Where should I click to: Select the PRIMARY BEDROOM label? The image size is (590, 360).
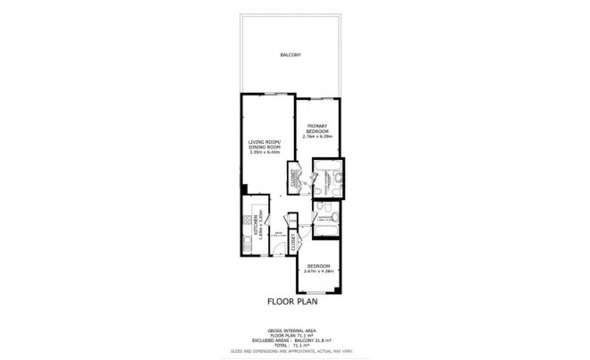pos(319,129)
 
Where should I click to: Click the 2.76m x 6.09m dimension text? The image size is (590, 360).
pos(319,137)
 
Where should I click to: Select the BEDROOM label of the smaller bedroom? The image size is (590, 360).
pos(319,266)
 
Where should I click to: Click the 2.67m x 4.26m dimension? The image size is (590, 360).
pos(319,272)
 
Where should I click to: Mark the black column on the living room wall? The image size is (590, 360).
pos(244,188)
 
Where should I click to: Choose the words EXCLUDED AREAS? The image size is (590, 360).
pos(269,340)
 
